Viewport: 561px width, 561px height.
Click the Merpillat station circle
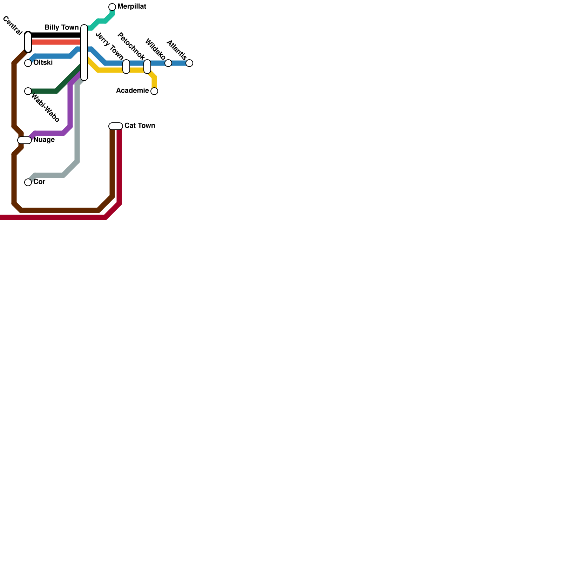(112, 7)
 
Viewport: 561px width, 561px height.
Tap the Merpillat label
(131, 7)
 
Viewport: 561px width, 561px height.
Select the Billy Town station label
(61, 27)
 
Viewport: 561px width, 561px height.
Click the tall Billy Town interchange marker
(84, 53)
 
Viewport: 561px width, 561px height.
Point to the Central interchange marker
(28, 42)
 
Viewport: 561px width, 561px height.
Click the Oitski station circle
(28, 63)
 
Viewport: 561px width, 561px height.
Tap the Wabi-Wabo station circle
(28, 91)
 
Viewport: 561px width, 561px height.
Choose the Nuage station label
(44, 140)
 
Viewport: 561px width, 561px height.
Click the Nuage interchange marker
(25, 140)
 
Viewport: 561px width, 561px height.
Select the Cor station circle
(28, 182)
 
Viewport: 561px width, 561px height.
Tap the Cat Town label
(140, 126)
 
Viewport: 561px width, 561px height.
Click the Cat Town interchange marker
(116, 126)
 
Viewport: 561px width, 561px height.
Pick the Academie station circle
(154, 91)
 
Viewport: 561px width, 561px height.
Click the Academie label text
(132, 91)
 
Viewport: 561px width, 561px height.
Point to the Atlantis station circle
(189, 63)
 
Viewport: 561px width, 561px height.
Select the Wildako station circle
(168, 63)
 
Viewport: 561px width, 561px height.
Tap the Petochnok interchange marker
(147, 67)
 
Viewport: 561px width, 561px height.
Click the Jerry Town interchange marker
(126, 67)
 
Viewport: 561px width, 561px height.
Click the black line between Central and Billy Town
(56, 35)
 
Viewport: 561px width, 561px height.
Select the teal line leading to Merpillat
(102, 21)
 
